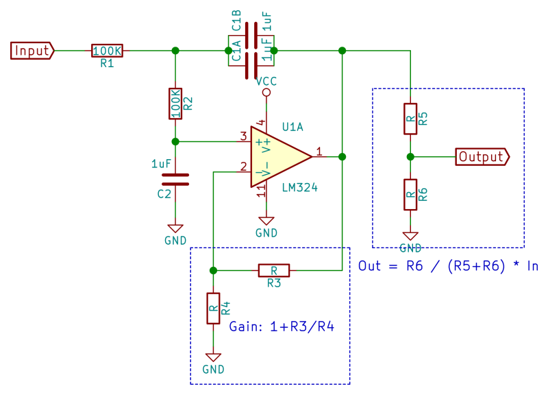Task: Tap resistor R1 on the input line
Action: coord(107,51)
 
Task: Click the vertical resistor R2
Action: coord(175,103)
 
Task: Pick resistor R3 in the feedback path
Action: coord(273,270)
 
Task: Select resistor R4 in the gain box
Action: coord(213,309)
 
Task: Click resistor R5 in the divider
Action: coord(410,119)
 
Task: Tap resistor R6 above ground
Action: coord(410,195)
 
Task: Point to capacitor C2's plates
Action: coord(175,179)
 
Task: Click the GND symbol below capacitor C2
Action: coord(175,230)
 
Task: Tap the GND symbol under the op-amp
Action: coord(266,222)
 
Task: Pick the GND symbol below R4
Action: coord(213,358)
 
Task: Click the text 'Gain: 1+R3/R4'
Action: coord(282,326)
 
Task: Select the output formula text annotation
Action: coord(448,266)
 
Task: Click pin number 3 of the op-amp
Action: coord(242,136)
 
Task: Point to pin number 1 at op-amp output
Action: coord(319,152)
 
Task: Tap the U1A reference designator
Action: coord(292,127)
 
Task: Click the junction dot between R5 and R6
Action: coord(410,157)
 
